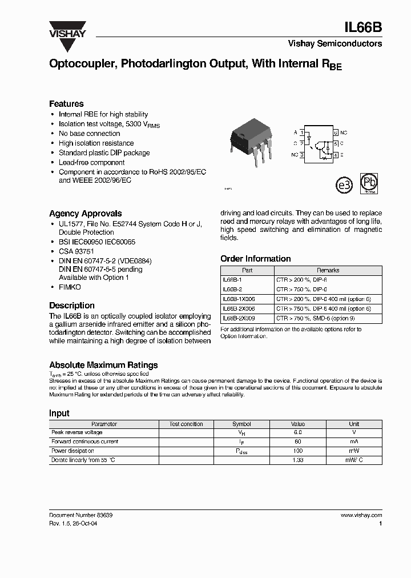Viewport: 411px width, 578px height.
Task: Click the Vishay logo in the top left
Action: (67, 29)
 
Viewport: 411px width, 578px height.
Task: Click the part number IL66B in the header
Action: (364, 27)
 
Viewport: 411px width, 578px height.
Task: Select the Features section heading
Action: (66, 103)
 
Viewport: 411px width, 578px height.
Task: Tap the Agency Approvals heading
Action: (85, 213)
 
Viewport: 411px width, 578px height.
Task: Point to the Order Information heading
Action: (255, 259)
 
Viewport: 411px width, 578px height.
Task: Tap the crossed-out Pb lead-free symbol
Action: (368, 183)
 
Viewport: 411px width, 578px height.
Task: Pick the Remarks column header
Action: (328, 270)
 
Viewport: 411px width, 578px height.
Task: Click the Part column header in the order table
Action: (247, 270)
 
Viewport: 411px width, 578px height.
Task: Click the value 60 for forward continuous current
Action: (297, 441)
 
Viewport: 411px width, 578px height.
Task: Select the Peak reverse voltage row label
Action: (77, 432)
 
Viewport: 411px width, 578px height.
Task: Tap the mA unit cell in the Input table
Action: (354, 441)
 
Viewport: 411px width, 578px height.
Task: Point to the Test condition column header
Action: (186, 424)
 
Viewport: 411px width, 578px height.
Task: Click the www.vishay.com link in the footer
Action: (361, 515)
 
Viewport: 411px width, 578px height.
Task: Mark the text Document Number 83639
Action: (80, 515)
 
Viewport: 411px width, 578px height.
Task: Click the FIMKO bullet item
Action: (70, 287)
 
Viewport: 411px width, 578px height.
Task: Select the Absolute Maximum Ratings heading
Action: (103, 364)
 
